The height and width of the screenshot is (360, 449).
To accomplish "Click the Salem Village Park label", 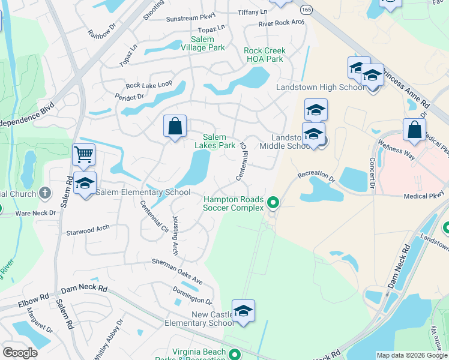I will (x=202, y=43).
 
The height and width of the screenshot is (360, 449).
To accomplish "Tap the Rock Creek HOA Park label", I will (x=264, y=55).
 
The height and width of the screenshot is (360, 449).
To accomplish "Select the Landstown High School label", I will (x=320, y=88).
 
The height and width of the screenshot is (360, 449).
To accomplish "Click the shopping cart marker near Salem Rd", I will (x=83, y=155).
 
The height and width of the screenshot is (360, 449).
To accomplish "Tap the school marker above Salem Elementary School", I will (x=85, y=183).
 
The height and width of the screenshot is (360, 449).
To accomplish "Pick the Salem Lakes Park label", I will (x=215, y=141).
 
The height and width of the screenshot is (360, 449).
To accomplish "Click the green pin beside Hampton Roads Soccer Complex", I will (x=273, y=203).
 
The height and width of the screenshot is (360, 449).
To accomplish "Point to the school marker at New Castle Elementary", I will (x=243, y=311).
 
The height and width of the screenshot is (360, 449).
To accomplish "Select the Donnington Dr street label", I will (x=192, y=295).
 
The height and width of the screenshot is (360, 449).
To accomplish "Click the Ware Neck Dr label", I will (x=35, y=212).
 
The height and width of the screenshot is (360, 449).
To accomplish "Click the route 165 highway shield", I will (x=307, y=10).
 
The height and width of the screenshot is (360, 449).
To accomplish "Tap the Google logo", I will (x=20, y=353).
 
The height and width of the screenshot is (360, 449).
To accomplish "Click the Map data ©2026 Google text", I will (x=412, y=355).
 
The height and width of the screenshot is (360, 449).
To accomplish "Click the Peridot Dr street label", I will (x=131, y=96).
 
